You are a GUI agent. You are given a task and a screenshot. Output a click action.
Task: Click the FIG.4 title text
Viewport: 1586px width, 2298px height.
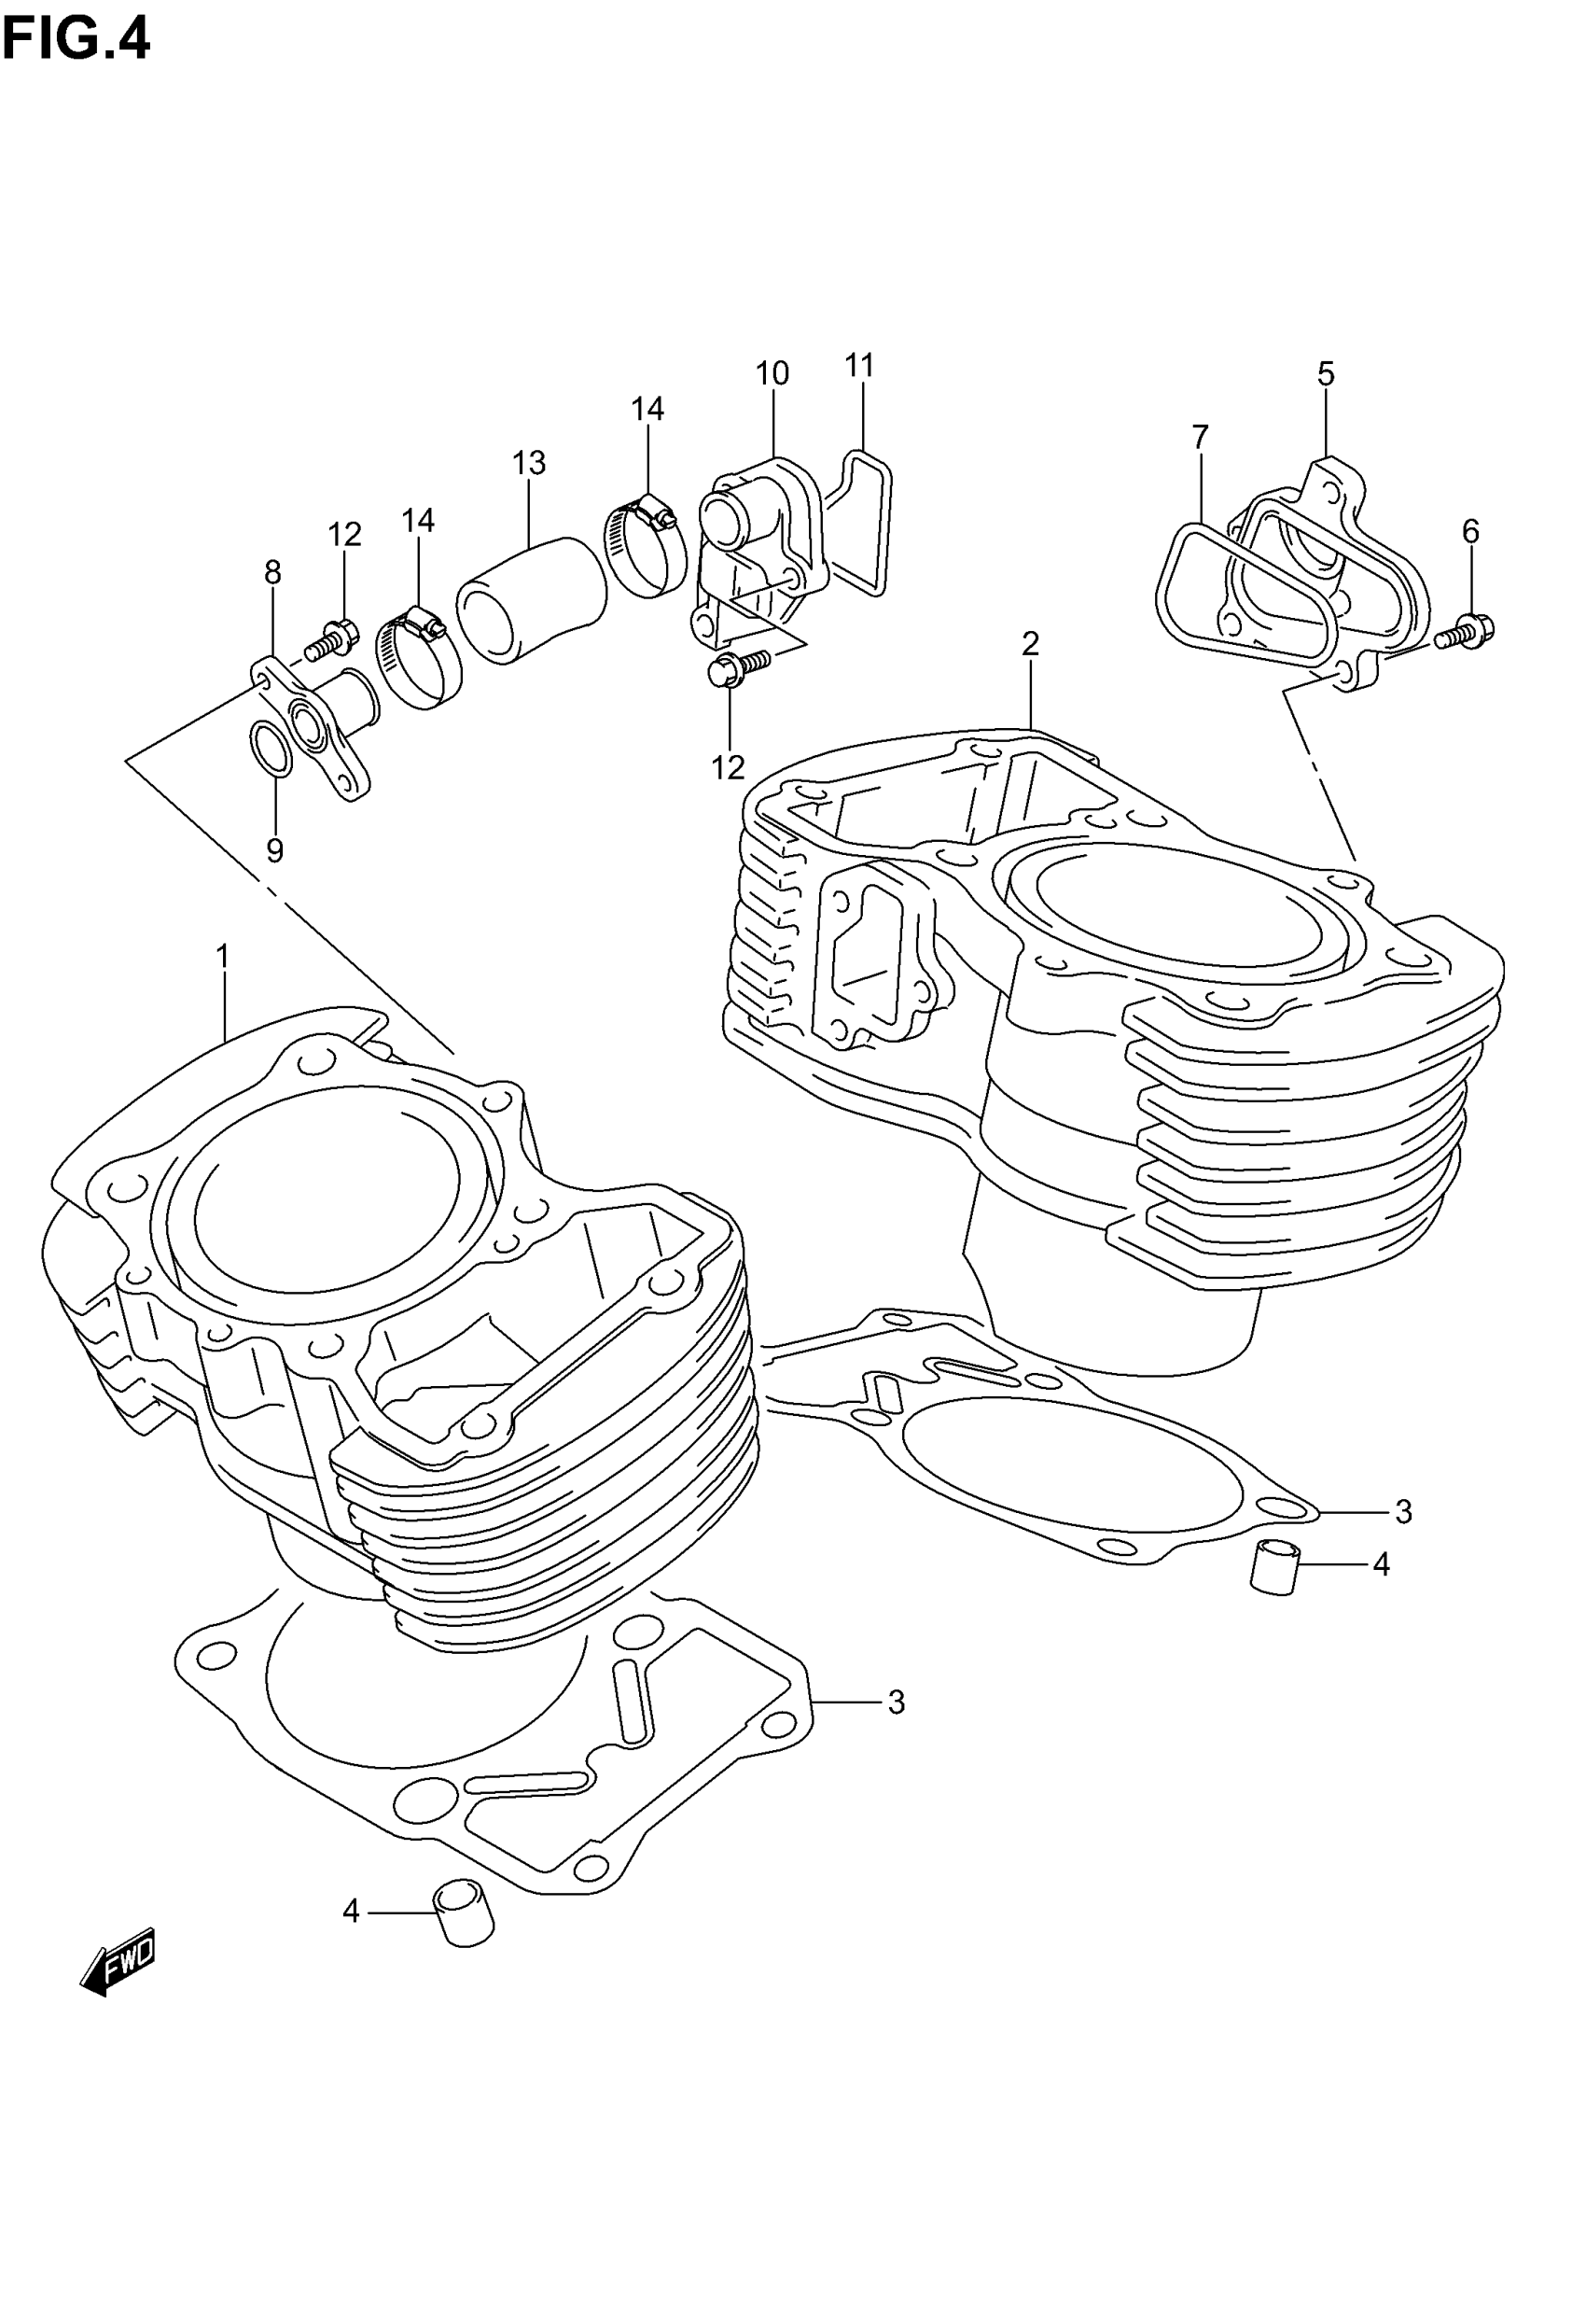(x=76, y=41)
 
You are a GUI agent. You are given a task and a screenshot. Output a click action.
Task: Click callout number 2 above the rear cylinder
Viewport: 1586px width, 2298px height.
(x=1031, y=644)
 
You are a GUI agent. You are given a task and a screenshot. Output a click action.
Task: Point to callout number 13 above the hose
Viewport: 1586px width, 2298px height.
(x=530, y=462)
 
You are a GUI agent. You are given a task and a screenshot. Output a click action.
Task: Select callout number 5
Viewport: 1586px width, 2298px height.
(x=1326, y=373)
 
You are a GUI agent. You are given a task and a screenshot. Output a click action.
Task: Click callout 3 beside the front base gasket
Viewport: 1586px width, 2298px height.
(x=897, y=1702)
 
